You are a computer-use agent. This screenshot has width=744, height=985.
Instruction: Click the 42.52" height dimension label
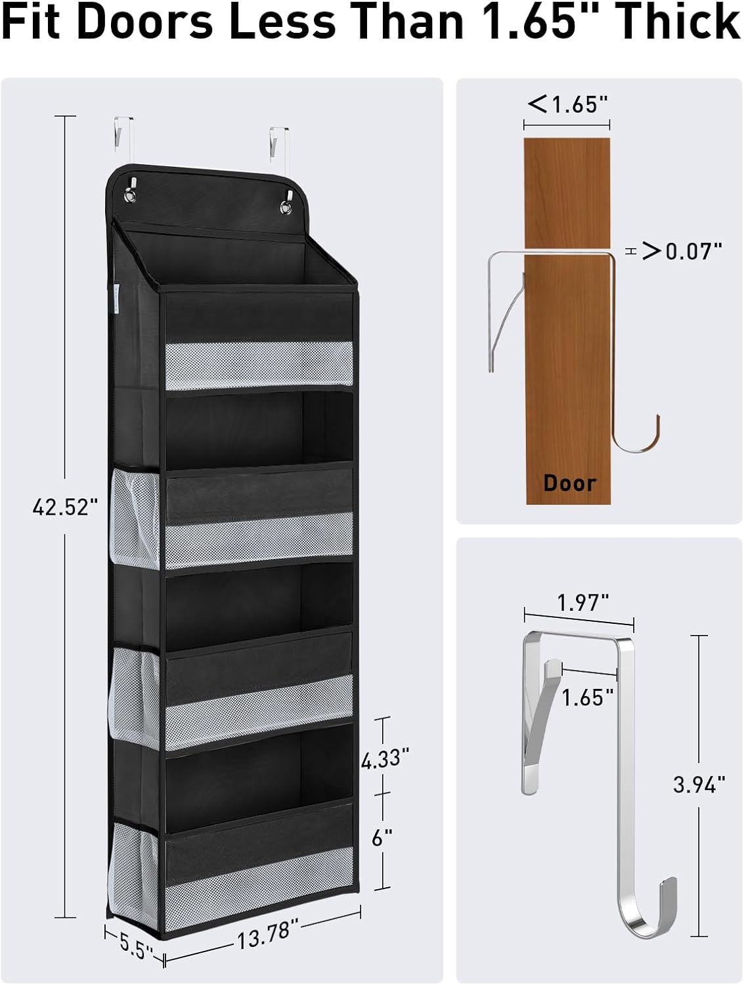(65, 507)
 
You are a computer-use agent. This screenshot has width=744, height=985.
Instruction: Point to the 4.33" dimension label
(385, 758)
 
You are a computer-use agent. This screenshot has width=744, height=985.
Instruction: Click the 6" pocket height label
(383, 837)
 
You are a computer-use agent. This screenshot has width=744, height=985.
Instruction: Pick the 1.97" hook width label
(583, 603)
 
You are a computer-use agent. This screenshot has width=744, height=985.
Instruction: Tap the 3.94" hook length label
(699, 785)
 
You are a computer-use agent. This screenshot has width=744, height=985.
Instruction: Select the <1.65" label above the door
(568, 104)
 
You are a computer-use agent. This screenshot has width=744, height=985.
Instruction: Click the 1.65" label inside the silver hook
(588, 698)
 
